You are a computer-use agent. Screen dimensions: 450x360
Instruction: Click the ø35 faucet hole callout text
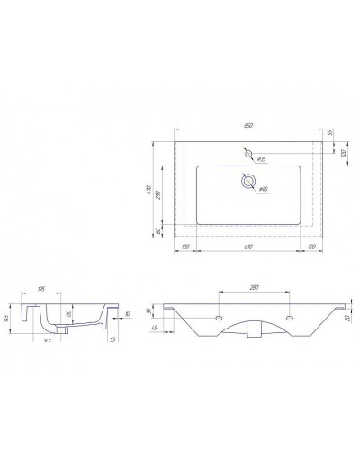[261, 158]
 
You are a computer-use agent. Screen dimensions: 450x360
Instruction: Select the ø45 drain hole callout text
[264, 190]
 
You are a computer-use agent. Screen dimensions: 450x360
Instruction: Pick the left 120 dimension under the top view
[185, 247]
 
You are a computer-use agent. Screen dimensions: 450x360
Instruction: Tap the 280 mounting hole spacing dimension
[256, 289]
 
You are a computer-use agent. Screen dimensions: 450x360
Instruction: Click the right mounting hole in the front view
[290, 317]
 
